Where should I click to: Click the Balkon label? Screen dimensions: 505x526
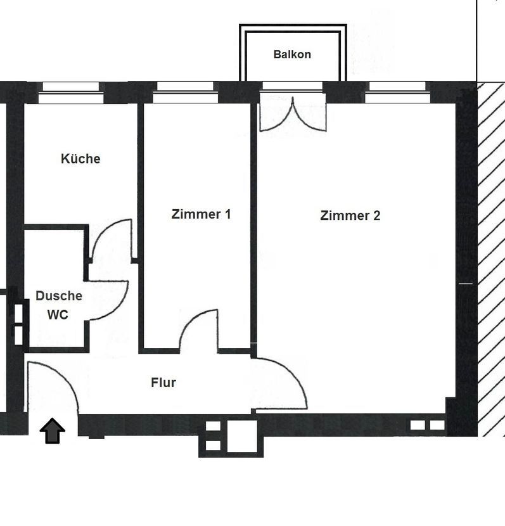pyautogui.click(x=292, y=55)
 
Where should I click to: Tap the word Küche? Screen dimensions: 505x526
pyautogui.click(x=80, y=158)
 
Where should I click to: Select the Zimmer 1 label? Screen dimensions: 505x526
pyautogui.click(x=201, y=214)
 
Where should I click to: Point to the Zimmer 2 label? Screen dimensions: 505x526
pyautogui.click(x=350, y=215)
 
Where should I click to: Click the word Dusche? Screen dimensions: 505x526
pyautogui.click(x=59, y=295)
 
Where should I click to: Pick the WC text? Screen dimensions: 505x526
pyautogui.click(x=58, y=315)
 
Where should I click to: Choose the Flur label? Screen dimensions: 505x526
pyautogui.click(x=163, y=382)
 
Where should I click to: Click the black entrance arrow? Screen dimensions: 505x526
pyautogui.click(x=53, y=431)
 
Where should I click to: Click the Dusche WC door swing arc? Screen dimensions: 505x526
pyautogui.click(x=119, y=305)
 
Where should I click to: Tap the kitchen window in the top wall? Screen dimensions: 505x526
pyautogui.click(x=71, y=93)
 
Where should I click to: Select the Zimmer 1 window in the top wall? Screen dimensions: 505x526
pyautogui.click(x=185, y=93)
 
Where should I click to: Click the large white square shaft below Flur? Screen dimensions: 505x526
pyautogui.click(x=242, y=436)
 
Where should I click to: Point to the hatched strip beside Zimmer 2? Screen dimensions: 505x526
pyautogui.click(x=491, y=259)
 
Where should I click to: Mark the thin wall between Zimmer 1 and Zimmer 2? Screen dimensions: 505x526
pyautogui.click(x=254, y=228)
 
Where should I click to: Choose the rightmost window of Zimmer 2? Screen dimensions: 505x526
pyautogui.click(x=397, y=93)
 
